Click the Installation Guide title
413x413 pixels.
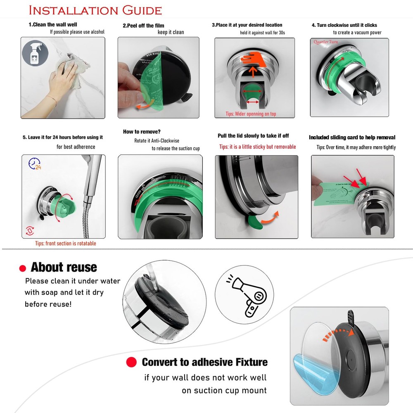click(95, 10)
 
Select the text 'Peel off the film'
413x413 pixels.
click(144, 26)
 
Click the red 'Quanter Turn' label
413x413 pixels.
click(326, 42)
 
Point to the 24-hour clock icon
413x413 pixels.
click(35, 164)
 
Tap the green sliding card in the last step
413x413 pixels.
click(335, 194)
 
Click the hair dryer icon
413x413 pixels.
click(244, 297)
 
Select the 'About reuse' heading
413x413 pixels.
click(64, 267)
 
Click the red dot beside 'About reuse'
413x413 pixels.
click(23, 268)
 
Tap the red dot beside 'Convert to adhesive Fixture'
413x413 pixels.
click(131, 362)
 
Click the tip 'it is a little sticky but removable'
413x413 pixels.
click(257, 147)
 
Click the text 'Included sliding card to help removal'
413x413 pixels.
click(352, 138)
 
